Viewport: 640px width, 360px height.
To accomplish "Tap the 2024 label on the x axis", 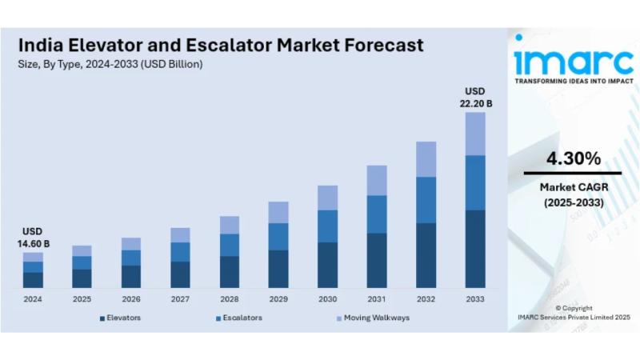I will [x=33, y=299].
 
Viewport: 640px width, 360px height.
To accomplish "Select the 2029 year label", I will [x=278, y=299].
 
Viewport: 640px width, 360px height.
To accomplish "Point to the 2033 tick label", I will [x=475, y=299].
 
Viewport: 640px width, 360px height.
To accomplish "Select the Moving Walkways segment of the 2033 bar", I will [x=475, y=134].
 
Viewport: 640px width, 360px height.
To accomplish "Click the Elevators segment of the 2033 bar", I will [x=475, y=249].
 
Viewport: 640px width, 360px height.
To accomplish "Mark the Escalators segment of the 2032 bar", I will [x=426, y=200].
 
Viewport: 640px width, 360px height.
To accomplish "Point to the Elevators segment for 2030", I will [x=327, y=265].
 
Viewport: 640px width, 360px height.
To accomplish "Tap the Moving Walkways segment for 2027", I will [x=180, y=234].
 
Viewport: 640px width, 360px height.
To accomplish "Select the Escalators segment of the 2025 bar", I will [x=82, y=262].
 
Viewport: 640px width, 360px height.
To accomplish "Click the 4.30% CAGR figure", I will [x=573, y=158].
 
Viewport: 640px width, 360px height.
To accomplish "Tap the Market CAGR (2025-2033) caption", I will [x=573, y=194].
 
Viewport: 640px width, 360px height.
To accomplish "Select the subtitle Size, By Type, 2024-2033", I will [x=111, y=64].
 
